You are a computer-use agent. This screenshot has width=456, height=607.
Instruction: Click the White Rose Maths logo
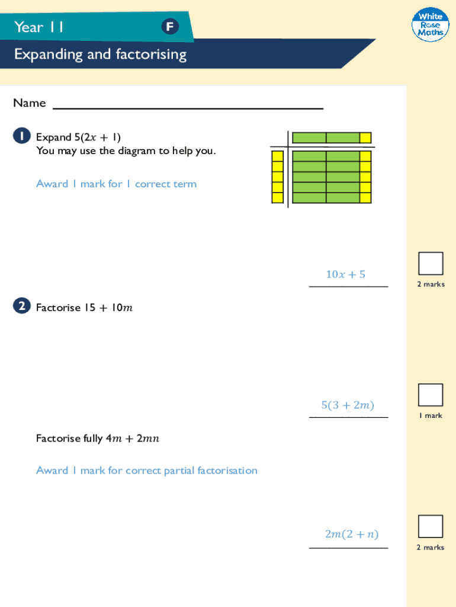(x=430, y=25)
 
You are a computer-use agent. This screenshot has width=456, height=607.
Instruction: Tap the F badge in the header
(x=170, y=27)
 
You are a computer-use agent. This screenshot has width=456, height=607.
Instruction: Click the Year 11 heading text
(x=39, y=27)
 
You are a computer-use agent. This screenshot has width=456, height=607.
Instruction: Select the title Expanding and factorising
(x=100, y=55)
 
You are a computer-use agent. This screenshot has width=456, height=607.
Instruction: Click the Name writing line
(x=188, y=107)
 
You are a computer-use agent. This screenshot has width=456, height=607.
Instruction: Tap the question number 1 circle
(x=21, y=137)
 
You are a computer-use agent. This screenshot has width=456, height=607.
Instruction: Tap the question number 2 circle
(x=21, y=306)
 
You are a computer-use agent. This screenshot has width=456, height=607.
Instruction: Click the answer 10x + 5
(x=345, y=274)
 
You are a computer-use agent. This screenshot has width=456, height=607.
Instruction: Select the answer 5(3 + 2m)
(x=348, y=405)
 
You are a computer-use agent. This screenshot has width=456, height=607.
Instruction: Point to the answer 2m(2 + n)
(x=351, y=534)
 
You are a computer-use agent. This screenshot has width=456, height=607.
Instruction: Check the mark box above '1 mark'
(x=431, y=395)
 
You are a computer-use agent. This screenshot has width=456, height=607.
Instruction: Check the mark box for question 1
(x=431, y=263)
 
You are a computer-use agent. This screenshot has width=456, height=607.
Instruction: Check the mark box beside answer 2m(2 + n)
(x=431, y=526)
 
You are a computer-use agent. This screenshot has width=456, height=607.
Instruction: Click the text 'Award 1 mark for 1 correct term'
(x=116, y=184)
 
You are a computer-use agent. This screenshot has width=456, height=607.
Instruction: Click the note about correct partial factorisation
(x=146, y=470)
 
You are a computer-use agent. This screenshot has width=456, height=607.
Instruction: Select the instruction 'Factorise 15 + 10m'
(x=84, y=308)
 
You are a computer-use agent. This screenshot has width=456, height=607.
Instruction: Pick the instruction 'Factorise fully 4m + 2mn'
(x=98, y=439)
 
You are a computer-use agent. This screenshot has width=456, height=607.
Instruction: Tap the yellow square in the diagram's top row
(x=365, y=138)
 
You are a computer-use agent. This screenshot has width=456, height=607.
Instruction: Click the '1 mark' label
(x=431, y=416)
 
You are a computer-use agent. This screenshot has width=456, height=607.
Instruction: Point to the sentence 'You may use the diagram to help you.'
(x=126, y=151)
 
